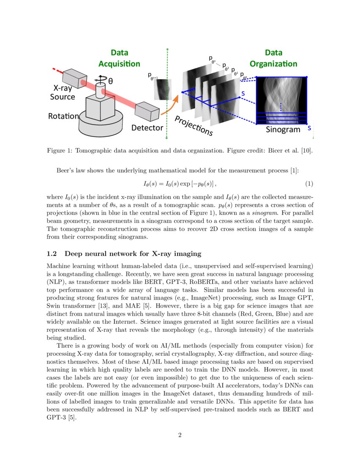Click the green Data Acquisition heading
119,58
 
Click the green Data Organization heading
273,58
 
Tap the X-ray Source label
63,92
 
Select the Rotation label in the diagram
63,116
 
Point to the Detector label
147,128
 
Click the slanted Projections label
194,125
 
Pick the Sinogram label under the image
283,130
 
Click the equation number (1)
309,184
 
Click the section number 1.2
52,254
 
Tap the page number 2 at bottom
180,435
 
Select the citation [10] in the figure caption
306,151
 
